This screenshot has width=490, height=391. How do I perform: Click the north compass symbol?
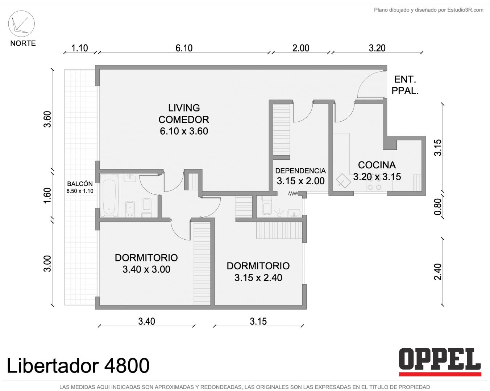pyautogui.click(x=21, y=24)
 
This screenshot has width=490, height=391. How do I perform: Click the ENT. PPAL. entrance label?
pyautogui.click(x=405, y=85)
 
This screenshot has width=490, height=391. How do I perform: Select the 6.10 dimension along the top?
pyautogui.click(x=184, y=48)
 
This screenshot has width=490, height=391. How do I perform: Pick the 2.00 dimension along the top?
pyautogui.click(x=301, y=48)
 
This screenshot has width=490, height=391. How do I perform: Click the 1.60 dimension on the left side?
pyautogui.click(x=47, y=195)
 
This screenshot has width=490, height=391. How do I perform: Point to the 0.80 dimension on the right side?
pyautogui.click(x=437, y=206)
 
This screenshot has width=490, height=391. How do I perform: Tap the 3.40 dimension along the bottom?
pyautogui.click(x=147, y=321)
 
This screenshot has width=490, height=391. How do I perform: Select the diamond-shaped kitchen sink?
pyautogui.click(x=343, y=181)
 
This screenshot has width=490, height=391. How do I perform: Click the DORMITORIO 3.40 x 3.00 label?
pyautogui.click(x=146, y=264)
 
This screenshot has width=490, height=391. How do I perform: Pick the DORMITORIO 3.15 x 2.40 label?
pyautogui.click(x=258, y=272)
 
